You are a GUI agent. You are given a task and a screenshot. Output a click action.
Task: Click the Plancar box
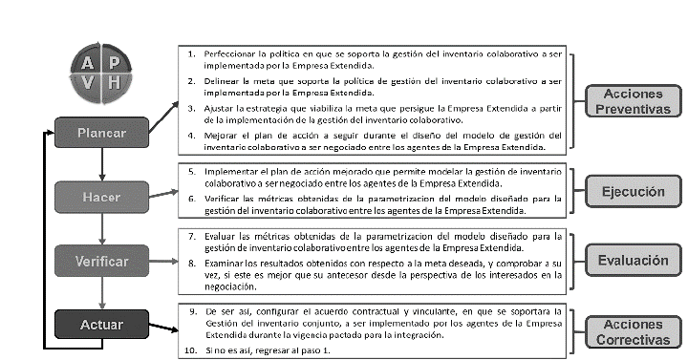point(100,132)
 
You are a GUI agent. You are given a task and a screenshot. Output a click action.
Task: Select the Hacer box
point(100,197)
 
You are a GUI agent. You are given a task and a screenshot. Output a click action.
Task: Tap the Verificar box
point(100,260)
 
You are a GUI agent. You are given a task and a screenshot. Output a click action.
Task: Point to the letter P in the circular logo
point(115,63)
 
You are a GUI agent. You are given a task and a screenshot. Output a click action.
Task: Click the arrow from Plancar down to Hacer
point(100,163)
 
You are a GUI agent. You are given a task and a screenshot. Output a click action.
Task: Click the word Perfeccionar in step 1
point(227,55)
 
